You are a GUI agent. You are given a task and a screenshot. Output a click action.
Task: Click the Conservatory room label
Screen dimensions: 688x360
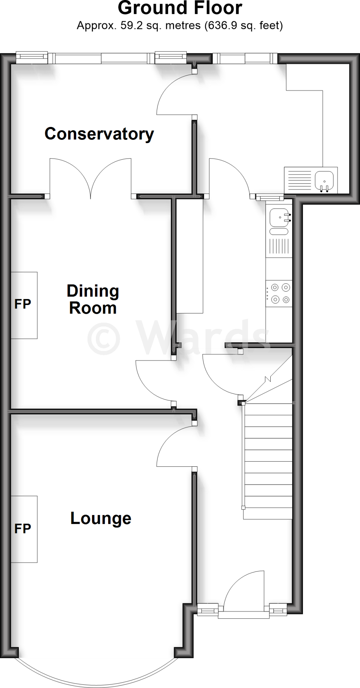coord(99,134)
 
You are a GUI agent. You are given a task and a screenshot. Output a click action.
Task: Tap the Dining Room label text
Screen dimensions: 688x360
coord(93,299)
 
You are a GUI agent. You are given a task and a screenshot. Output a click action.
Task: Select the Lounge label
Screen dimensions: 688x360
coord(100,518)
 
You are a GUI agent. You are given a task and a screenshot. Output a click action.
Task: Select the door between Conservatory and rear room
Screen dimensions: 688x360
coord(175,94)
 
